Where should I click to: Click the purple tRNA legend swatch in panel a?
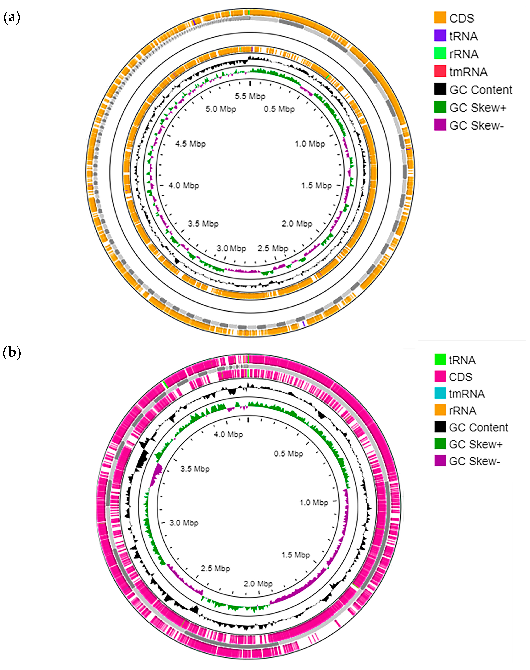coord(440,36)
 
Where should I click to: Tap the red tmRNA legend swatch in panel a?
coord(440,71)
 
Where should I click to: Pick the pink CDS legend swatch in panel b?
coord(440,376)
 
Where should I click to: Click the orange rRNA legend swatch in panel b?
coord(440,410)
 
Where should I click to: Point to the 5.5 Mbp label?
coord(250,96)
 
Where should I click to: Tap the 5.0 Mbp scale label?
coord(221,109)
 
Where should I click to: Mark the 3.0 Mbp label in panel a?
coord(231,248)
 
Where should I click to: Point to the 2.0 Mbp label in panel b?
coord(258,584)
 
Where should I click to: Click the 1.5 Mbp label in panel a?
coord(316,185)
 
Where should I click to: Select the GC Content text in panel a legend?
coord(481,90)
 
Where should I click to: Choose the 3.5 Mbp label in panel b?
coord(195,469)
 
